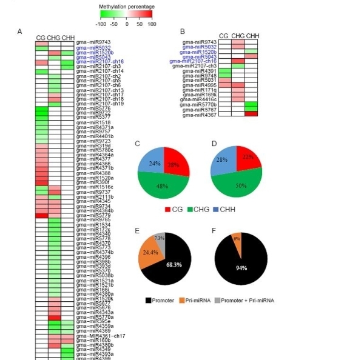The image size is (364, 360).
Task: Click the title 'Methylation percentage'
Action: (x=126, y=5)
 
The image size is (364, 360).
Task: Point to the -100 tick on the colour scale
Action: (x=101, y=24)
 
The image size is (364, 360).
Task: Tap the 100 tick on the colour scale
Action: (x=151, y=24)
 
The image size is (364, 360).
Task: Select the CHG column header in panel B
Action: (x=238, y=36)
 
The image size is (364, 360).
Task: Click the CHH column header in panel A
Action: (x=68, y=37)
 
